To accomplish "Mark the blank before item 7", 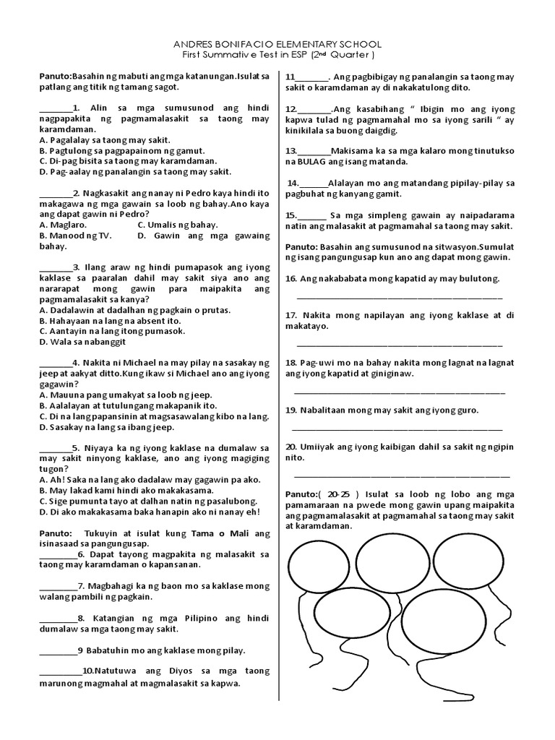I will tap(58, 585).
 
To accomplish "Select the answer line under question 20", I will tap(402, 476).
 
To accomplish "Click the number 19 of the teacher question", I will tap(291, 410).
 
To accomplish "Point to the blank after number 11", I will tap(311, 77).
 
